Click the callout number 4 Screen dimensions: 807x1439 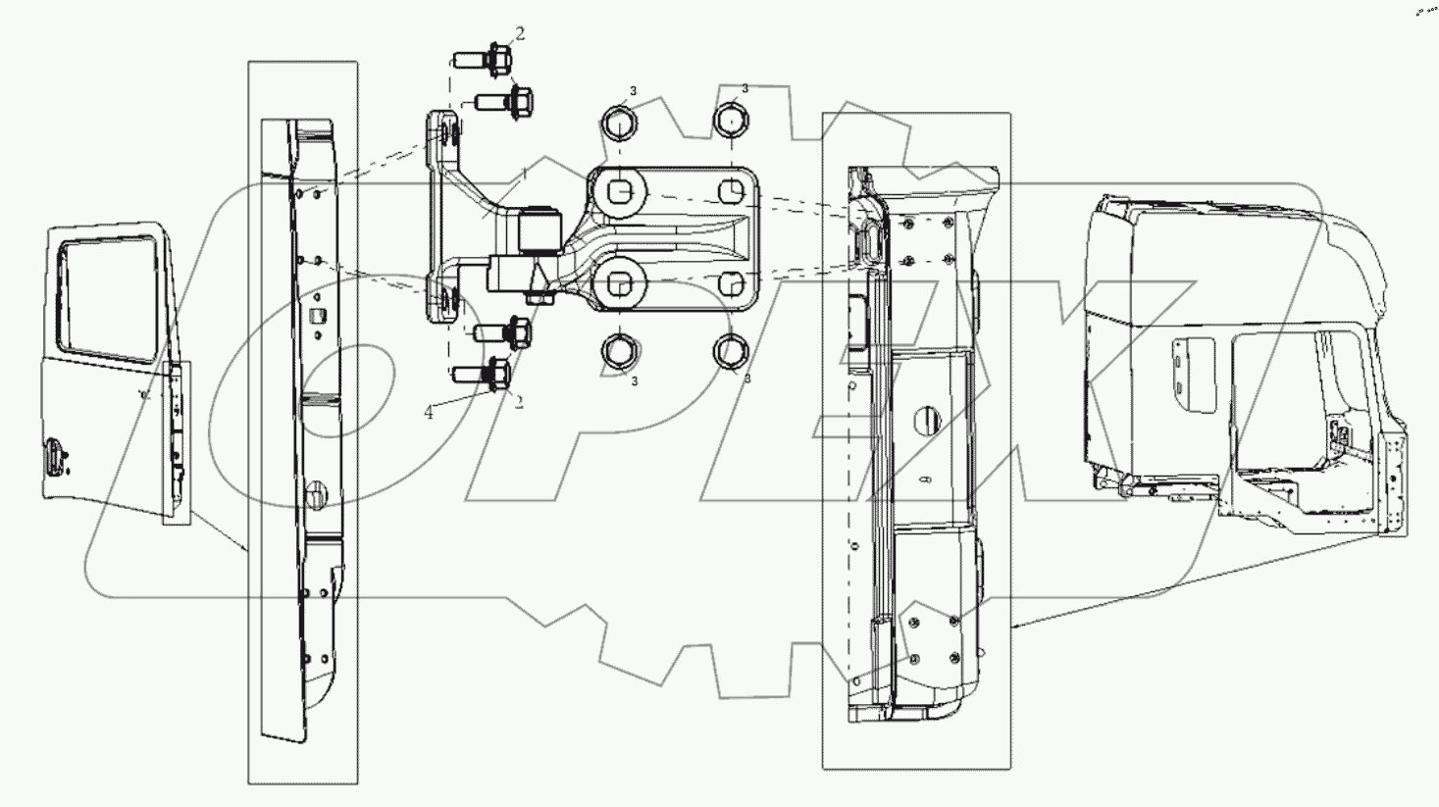coord(429,413)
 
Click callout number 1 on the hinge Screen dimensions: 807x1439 coord(525,174)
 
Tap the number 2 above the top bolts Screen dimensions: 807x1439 coord(520,33)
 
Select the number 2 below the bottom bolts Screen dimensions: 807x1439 coord(519,402)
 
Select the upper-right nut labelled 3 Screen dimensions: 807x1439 coord(731,120)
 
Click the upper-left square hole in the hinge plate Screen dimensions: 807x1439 coord(618,188)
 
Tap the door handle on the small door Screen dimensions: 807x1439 coord(55,457)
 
